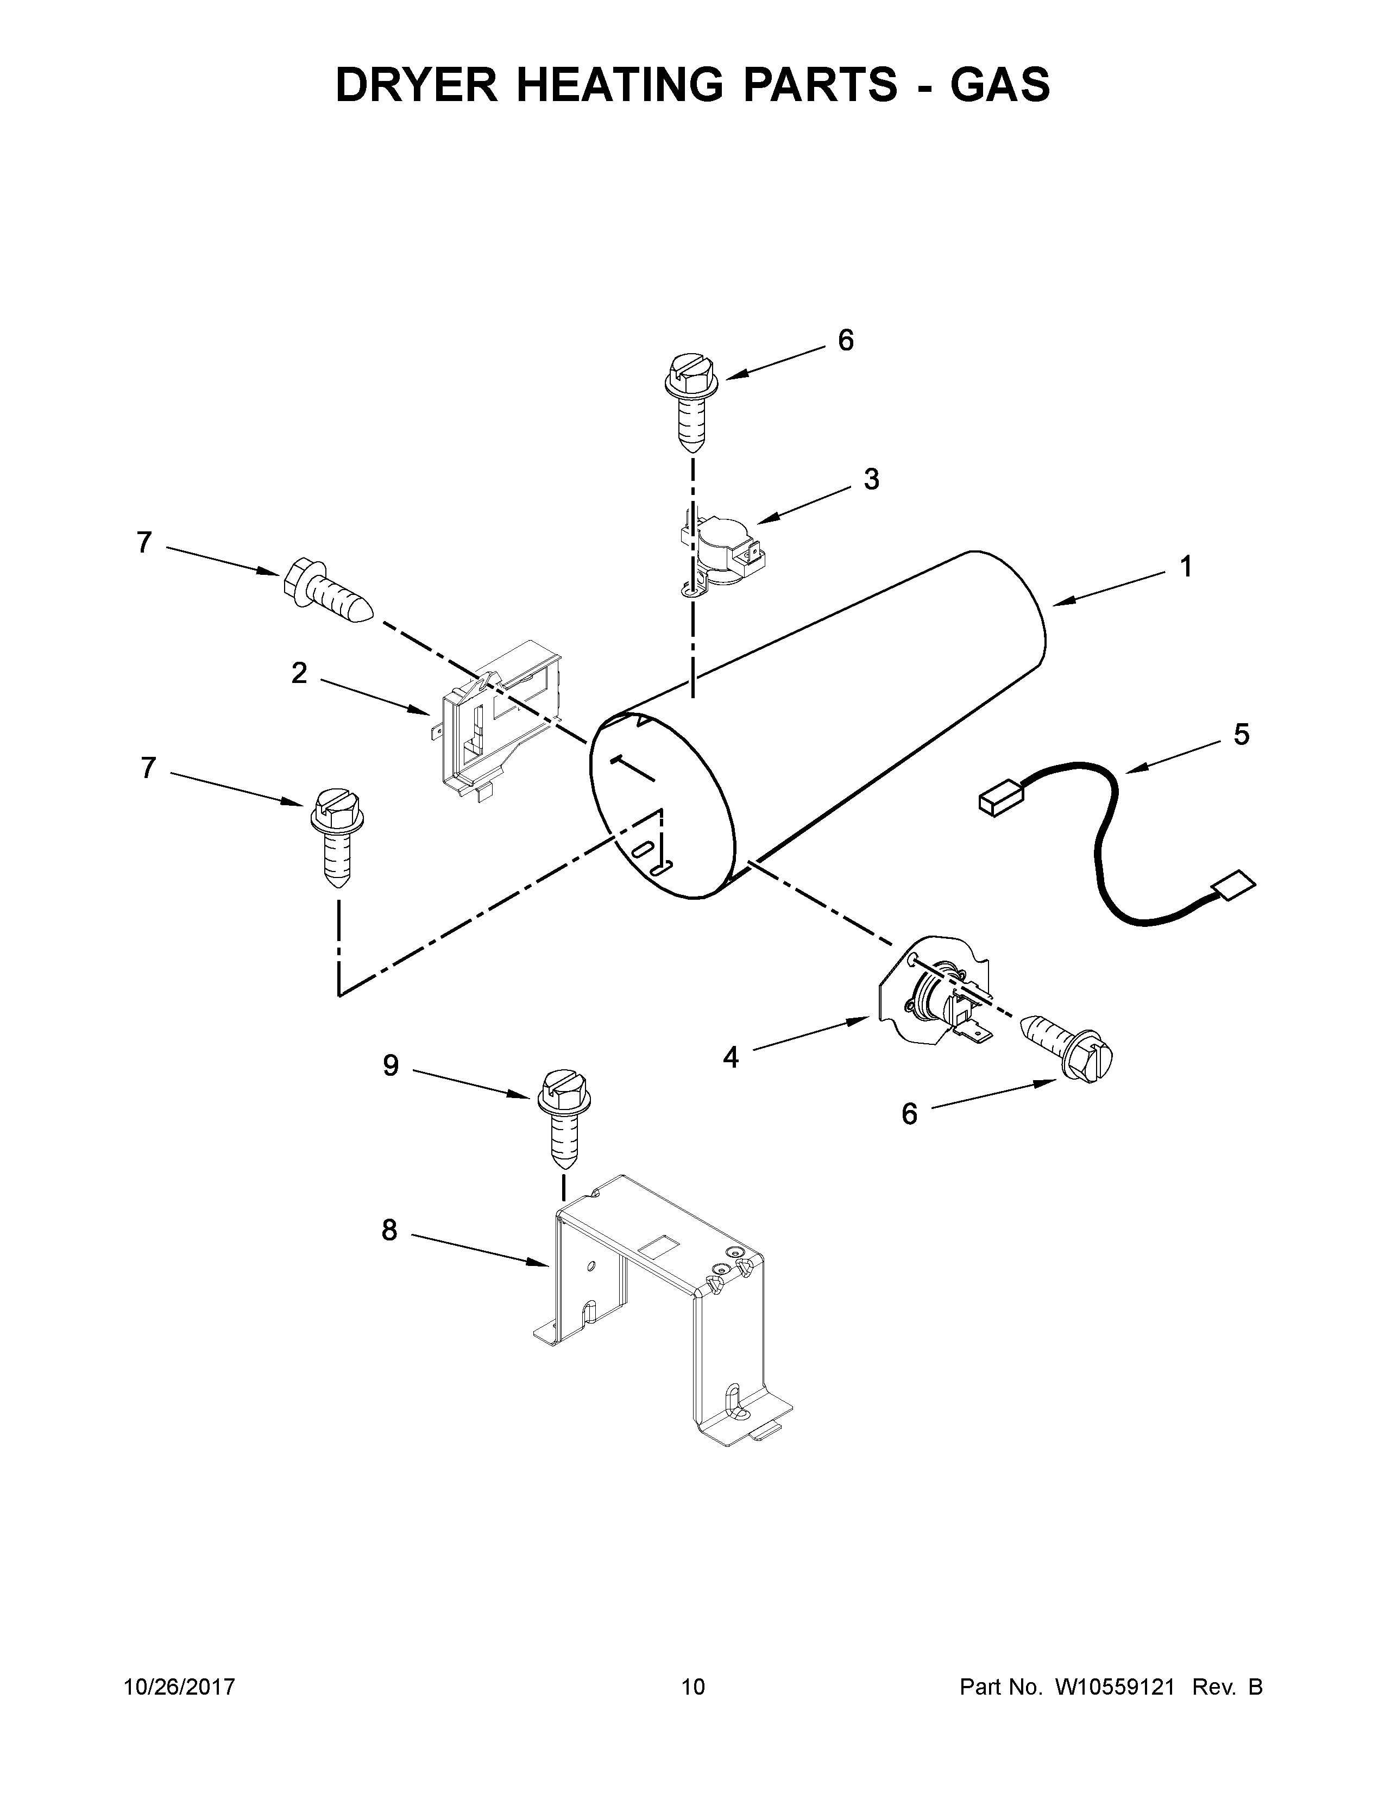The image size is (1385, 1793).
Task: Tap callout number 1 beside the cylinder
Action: pyautogui.click(x=1186, y=567)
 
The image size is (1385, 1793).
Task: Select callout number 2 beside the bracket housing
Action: pyautogui.click(x=299, y=673)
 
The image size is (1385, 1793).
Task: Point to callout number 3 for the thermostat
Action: pyautogui.click(x=871, y=479)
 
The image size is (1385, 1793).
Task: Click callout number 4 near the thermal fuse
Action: pyautogui.click(x=730, y=1057)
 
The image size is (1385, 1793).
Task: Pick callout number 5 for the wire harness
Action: pyautogui.click(x=1242, y=734)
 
